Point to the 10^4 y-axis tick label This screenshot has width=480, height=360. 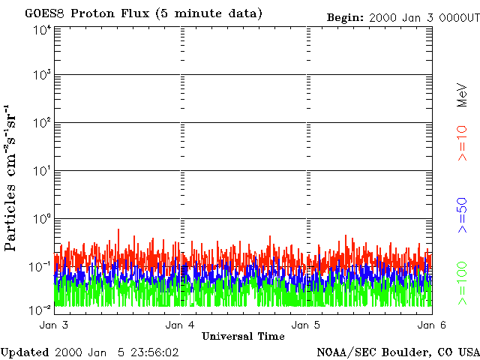[42, 30]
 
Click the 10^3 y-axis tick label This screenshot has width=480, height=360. [42, 76]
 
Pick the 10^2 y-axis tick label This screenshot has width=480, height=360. [42, 123]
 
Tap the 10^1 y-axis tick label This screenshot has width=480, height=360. [42, 171]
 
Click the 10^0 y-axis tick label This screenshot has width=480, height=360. [42, 219]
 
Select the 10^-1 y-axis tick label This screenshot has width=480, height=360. [42, 266]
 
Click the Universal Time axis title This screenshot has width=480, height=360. [243, 336]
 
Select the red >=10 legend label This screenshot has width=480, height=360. [463, 142]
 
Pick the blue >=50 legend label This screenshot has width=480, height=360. [463, 215]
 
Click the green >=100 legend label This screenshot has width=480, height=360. [463, 283]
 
